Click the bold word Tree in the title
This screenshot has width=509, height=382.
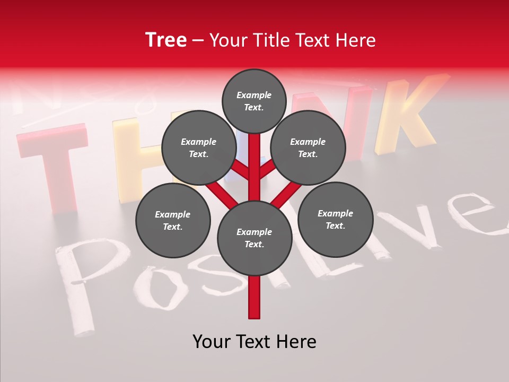[166, 40]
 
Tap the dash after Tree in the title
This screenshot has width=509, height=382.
[198, 41]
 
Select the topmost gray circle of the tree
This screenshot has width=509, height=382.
[254, 101]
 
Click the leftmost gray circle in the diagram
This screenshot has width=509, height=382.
[173, 221]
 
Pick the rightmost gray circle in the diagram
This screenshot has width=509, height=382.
[335, 220]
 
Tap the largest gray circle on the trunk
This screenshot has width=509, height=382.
[254, 238]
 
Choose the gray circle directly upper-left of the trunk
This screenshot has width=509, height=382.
[198, 148]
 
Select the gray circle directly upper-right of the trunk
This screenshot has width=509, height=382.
[308, 148]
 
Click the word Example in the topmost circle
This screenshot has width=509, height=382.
[254, 95]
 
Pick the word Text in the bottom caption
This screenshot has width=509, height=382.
[254, 342]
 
